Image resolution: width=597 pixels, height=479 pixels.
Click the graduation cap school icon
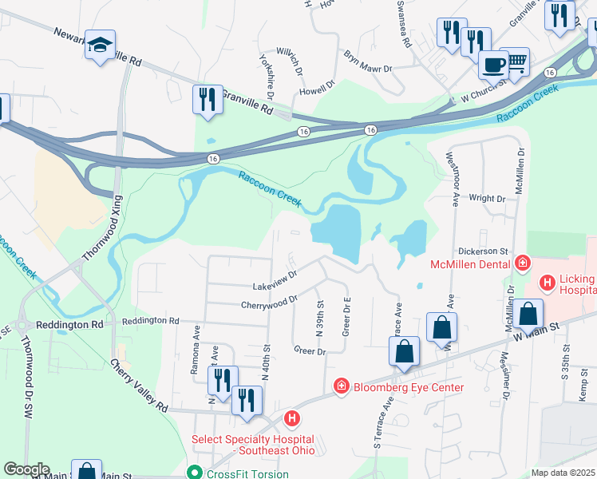pos(101,46)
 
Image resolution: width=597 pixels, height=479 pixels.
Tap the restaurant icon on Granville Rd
pos(208,100)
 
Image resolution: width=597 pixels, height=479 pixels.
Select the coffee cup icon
pos(494,63)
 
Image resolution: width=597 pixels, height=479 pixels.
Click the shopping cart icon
pos(517,60)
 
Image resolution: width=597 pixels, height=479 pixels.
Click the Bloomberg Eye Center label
pos(407,387)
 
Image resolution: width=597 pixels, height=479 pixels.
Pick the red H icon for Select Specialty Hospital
pos(293,418)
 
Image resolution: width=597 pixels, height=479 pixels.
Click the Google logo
pos(26,469)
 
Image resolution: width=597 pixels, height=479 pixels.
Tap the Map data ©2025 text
pos(563,473)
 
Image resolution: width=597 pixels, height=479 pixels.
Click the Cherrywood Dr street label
pos(269,302)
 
